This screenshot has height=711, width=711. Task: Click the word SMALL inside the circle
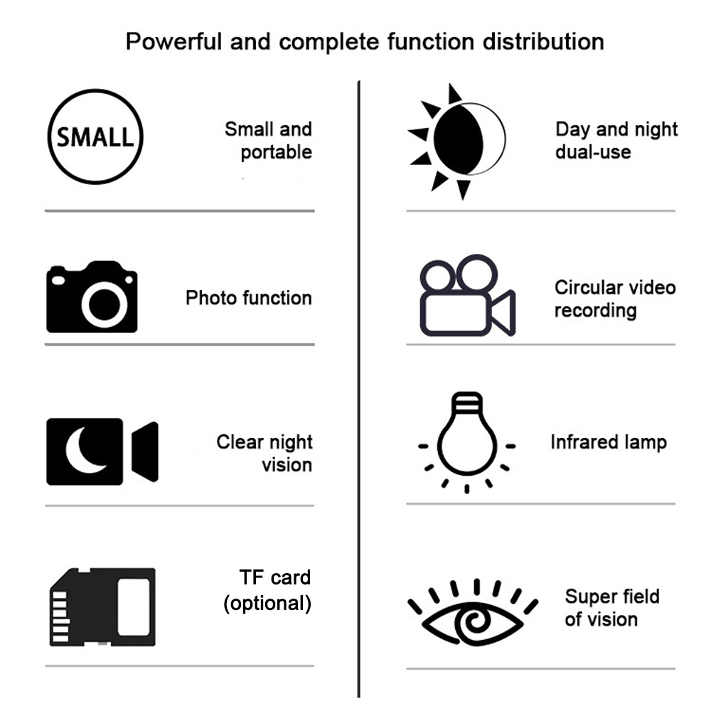click(x=95, y=137)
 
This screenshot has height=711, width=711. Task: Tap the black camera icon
click(x=92, y=296)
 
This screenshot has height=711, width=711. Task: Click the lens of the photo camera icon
click(x=105, y=304)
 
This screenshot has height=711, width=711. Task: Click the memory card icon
click(x=102, y=606)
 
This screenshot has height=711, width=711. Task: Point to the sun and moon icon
click(x=456, y=141)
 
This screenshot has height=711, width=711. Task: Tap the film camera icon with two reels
click(x=468, y=295)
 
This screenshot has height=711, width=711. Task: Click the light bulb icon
click(x=466, y=442)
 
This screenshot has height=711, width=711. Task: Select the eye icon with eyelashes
click(x=473, y=612)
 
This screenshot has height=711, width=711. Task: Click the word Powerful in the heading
click(x=174, y=42)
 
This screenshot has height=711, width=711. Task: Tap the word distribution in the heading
click(x=543, y=42)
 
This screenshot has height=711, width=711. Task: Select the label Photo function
click(x=248, y=298)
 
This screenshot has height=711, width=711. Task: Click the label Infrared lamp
click(x=609, y=442)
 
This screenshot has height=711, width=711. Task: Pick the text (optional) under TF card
click(x=267, y=604)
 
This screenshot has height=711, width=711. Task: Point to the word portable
click(x=276, y=152)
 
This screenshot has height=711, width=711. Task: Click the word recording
click(x=595, y=311)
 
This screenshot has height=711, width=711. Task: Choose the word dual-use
click(x=593, y=152)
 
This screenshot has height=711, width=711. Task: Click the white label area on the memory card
click(x=134, y=606)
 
